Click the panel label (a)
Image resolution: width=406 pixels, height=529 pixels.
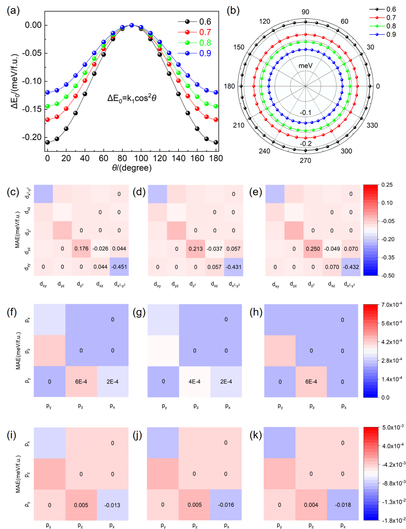pyautogui.click(x=13, y=11)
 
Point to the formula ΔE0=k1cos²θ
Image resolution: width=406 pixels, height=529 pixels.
pyautogui.click(x=132, y=98)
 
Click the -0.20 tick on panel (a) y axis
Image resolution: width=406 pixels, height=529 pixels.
pyautogui.click(x=33, y=137)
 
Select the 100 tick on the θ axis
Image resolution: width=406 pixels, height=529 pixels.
pyautogui.click(x=141, y=158)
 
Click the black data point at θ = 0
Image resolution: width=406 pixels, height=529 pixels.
pyautogui.click(x=48, y=142)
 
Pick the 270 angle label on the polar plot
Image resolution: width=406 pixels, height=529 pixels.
pyautogui.click(x=305, y=160)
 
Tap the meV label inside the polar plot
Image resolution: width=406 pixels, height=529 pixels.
pyautogui.click(x=305, y=66)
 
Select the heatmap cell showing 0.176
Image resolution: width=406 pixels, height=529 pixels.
pyautogui.click(x=81, y=249)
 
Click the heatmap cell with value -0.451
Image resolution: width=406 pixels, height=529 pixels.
pyautogui.click(x=119, y=267)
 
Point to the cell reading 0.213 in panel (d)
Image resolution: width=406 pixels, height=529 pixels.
pyautogui.click(x=195, y=249)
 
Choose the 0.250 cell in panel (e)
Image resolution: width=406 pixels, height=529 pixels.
pyautogui.click(x=313, y=249)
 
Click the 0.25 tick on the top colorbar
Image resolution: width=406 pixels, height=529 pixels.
pyautogui.click(x=387, y=185)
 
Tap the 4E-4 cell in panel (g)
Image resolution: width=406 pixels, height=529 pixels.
pyautogui.click(x=195, y=382)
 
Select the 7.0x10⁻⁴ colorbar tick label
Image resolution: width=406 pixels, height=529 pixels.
pyautogui.click(x=392, y=305)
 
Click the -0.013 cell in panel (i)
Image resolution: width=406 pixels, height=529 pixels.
pyautogui.click(x=112, y=505)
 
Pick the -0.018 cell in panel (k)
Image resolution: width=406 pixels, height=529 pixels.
pyautogui.click(x=343, y=505)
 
